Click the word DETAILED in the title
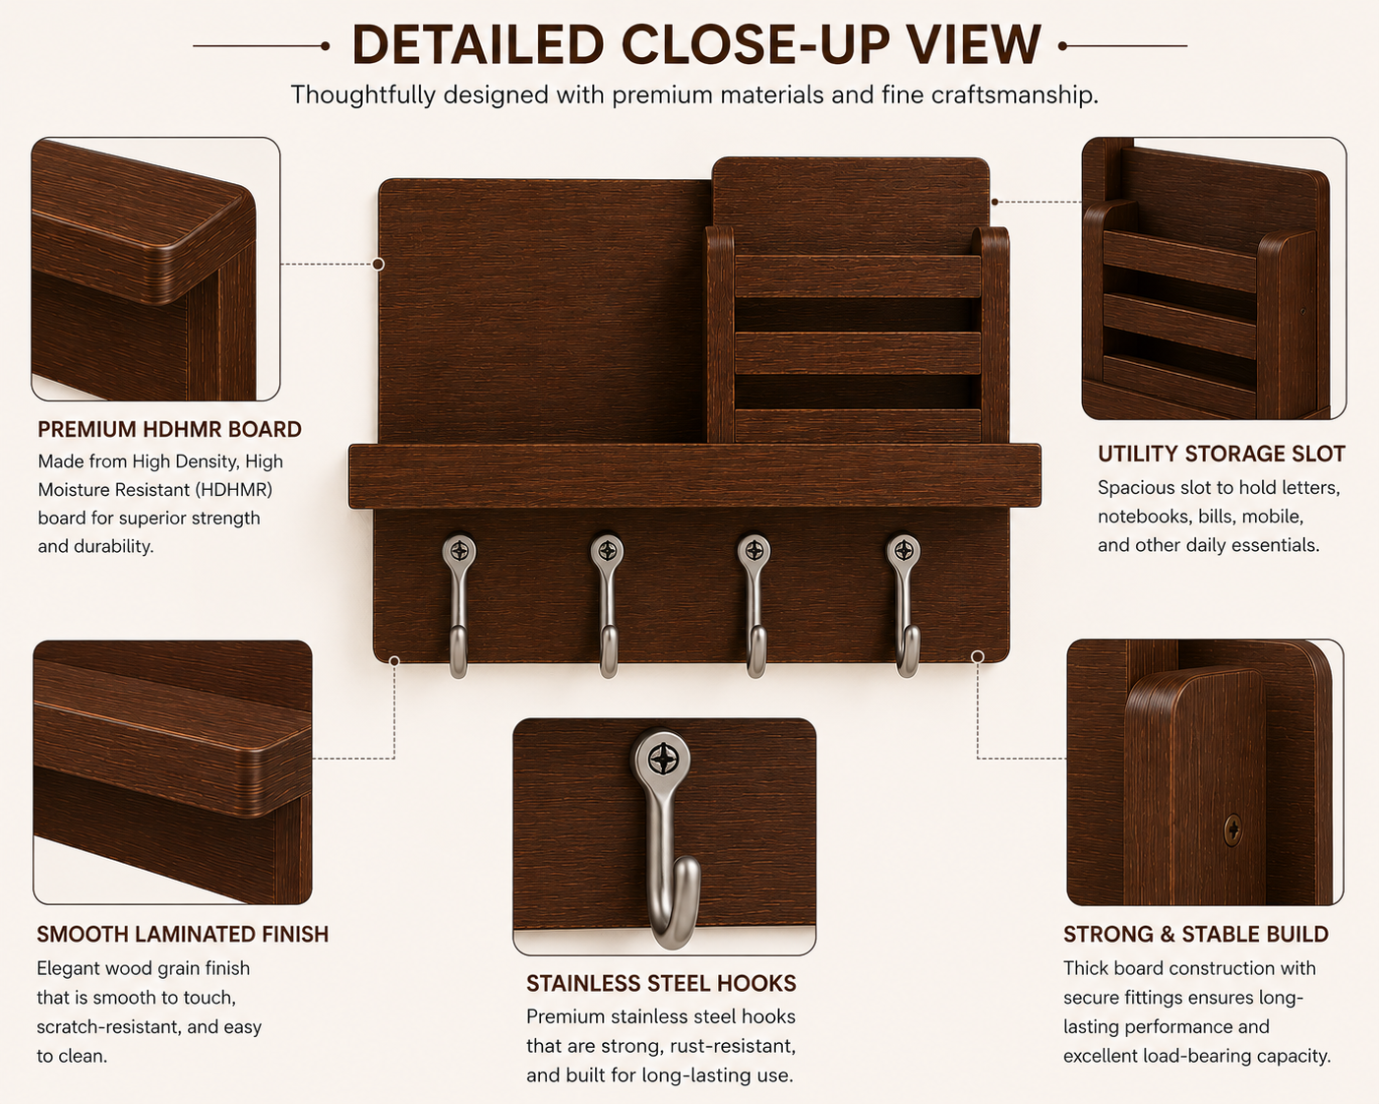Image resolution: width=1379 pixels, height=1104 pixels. [477, 45]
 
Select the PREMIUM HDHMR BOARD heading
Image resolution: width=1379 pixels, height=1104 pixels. [170, 430]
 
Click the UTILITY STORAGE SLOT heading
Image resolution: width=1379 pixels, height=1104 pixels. [1221, 454]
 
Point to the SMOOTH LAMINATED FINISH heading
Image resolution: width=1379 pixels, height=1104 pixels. [183, 934]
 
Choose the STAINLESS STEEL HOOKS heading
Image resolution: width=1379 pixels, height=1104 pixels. [661, 984]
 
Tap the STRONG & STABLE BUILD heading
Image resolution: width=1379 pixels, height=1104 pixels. [1196, 934]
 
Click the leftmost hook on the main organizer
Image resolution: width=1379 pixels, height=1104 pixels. [458, 606]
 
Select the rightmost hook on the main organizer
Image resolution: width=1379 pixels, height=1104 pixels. [904, 606]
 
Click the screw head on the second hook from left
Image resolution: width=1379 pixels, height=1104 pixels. [608, 550]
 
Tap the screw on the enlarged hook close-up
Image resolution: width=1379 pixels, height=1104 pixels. [662, 759]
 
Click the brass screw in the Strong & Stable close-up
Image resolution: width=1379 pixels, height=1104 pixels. [1232, 829]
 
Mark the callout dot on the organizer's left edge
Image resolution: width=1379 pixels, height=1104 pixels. [378, 264]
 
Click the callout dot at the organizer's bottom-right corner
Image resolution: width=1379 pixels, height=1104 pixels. [978, 656]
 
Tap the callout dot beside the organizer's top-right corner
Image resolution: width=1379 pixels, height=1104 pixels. [994, 202]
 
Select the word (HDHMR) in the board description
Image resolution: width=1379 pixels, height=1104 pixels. [234, 490]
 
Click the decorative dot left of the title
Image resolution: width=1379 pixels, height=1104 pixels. [325, 46]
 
